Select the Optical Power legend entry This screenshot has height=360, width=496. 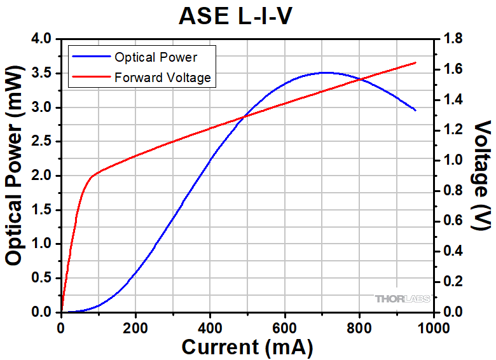coord(155,57)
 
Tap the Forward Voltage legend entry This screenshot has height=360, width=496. coord(162,78)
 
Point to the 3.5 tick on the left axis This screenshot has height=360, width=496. coord(43,73)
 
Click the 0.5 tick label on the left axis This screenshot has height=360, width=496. coord(43,278)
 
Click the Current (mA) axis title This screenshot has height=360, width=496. coord(247,348)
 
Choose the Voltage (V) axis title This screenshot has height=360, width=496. coord(483,175)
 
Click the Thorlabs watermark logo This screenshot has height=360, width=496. coord(403,298)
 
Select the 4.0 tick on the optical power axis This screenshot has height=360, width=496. coord(43,39)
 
